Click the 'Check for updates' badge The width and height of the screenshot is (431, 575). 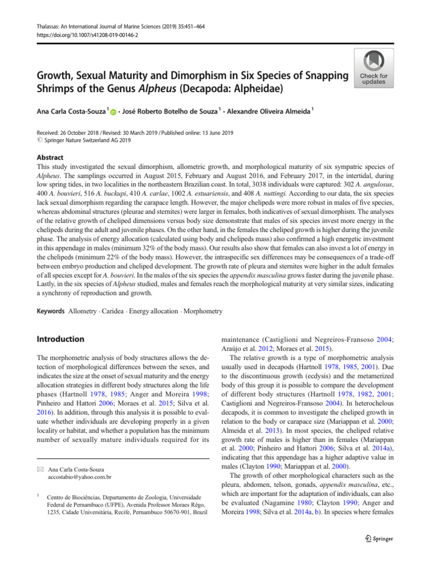tap(373, 69)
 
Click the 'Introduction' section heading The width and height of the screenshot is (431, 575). tap(60, 339)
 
